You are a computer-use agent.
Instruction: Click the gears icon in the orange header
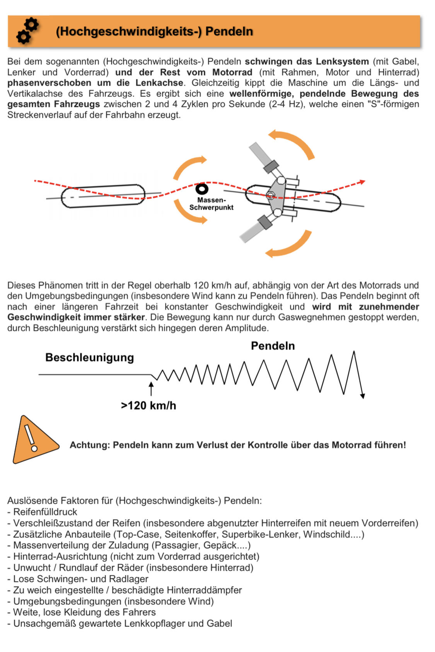click(x=27, y=31)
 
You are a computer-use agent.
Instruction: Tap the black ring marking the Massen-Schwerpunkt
click(x=202, y=189)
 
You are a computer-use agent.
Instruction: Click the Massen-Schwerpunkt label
click(x=211, y=204)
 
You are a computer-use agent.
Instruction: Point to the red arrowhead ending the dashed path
click(x=362, y=181)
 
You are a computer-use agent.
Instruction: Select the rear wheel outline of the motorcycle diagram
click(x=103, y=196)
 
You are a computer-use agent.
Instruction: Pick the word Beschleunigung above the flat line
click(x=89, y=357)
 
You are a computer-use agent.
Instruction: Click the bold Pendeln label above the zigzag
click(x=273, y=346)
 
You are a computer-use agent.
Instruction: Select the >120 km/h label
click(x=148, y=405)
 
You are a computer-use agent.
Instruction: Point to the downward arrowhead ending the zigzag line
click(x=362, y=395)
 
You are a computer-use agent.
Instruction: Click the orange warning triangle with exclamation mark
click(x=33, y=441)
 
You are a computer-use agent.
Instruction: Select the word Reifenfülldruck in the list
click(x=45, y=512)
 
